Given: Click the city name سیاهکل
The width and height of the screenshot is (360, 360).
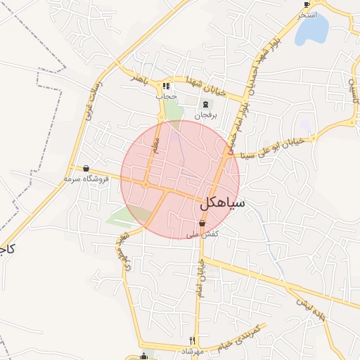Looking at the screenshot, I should click(222, 203).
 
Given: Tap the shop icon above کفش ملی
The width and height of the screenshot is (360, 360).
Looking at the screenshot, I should click(202, 224).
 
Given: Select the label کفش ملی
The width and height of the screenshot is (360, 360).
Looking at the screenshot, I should click(202, 233).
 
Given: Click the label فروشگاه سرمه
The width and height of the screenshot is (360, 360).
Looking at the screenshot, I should click(87, 179).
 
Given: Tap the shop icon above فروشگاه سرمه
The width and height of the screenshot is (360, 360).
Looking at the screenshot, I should click(86, 169).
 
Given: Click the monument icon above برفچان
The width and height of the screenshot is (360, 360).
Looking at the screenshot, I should click(205, 104).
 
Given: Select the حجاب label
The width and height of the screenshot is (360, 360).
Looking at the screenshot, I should click(166, 96).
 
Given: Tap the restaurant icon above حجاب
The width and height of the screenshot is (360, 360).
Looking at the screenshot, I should click(166, 86).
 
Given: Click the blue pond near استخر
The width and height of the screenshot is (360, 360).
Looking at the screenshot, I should click(313, 30).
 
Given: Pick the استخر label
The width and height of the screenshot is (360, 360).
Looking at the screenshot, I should click(307, 14).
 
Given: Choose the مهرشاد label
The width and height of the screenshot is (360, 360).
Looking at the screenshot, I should click(192, 350).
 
